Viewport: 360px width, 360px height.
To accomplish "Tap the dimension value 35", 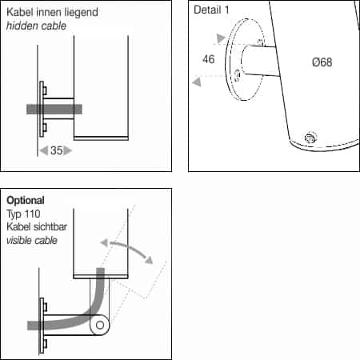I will (x=56, y=150).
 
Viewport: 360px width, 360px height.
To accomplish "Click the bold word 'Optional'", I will (x=26, y=200).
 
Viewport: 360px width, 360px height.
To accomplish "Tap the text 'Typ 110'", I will (x=24, y=213).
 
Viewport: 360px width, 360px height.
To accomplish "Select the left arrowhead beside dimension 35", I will (x=44, y=150).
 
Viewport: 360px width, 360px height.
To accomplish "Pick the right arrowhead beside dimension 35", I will (x=68, y=150).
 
